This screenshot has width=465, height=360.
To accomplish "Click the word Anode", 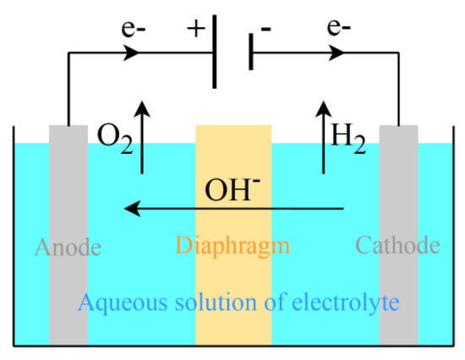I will (x=68, y=248).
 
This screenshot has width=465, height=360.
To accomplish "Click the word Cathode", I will (x=397, y=246).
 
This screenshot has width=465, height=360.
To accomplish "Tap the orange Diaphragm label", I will (x=232, y=247).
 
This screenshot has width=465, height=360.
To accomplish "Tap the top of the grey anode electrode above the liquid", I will (x=68, y=134).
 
